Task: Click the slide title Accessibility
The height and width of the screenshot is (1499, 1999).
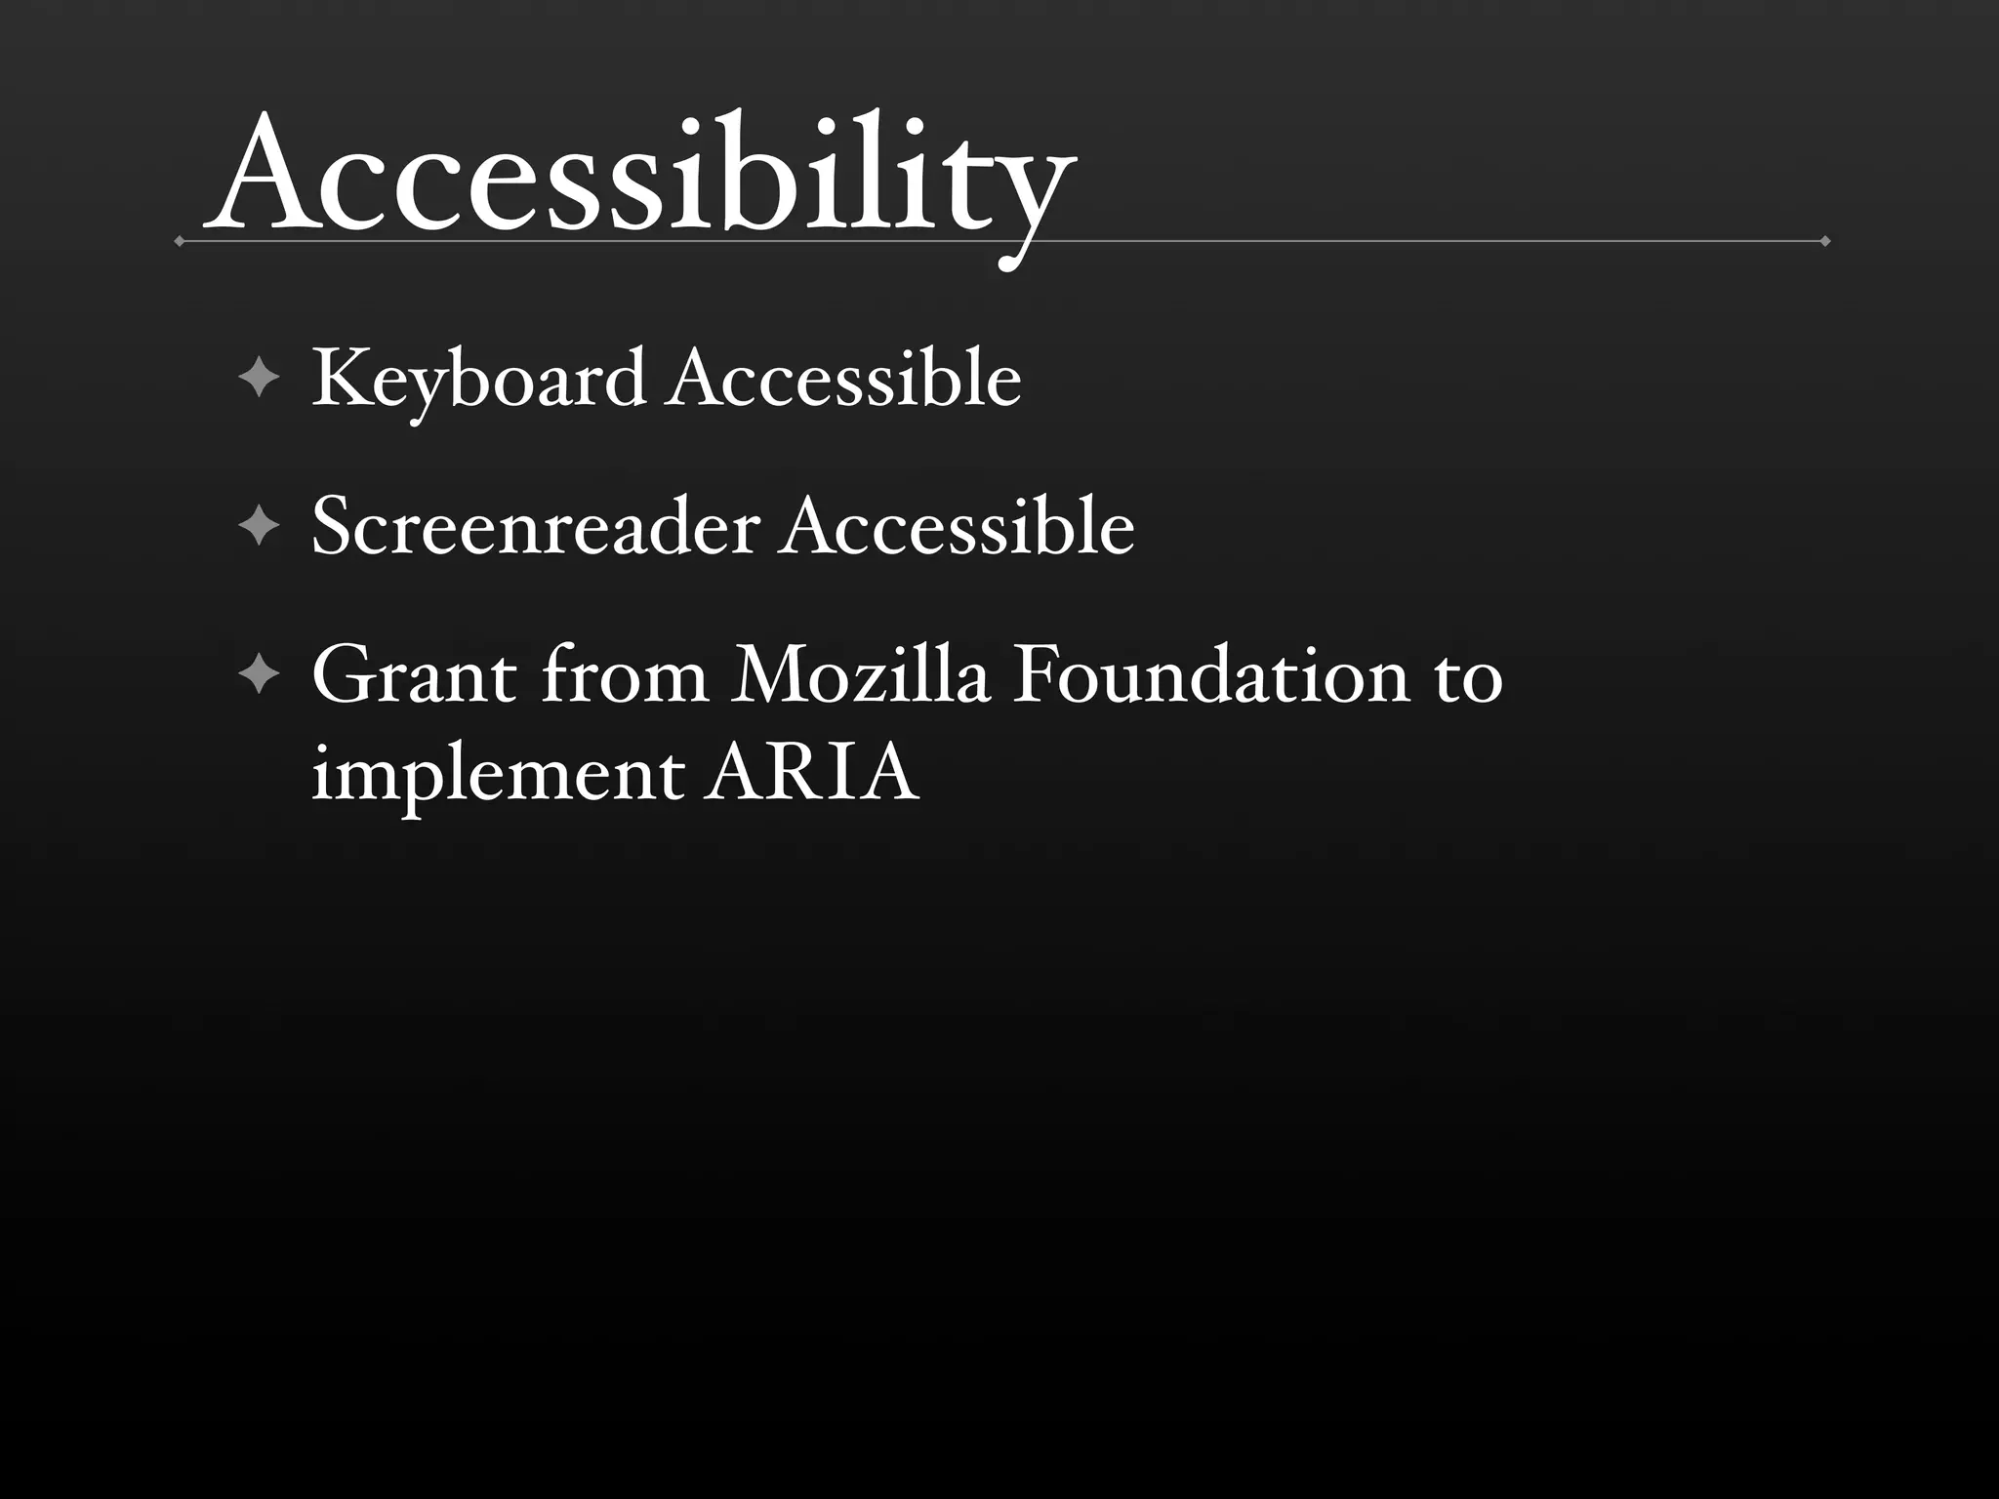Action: (639, 176)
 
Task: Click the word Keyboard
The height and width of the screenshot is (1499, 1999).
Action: (478, 379)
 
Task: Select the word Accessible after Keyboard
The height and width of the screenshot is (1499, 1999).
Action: (845, 379)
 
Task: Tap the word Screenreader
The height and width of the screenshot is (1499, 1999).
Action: (535, 527)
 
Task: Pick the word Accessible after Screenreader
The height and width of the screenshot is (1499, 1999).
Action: (959, 527)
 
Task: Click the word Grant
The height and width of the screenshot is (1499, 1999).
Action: (414, 675)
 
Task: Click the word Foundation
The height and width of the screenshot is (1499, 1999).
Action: (1211, 675)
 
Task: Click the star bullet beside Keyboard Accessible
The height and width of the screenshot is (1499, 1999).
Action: (259, 378)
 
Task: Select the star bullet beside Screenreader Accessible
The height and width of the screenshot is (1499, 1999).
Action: (259, 526)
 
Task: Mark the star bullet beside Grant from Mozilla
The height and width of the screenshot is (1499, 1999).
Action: (259, 674)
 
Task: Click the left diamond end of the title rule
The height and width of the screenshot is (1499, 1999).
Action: (179, 241)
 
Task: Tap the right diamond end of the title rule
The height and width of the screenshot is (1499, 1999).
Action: (1825, 241)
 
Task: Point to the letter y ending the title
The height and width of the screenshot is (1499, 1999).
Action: (1030, 195)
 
